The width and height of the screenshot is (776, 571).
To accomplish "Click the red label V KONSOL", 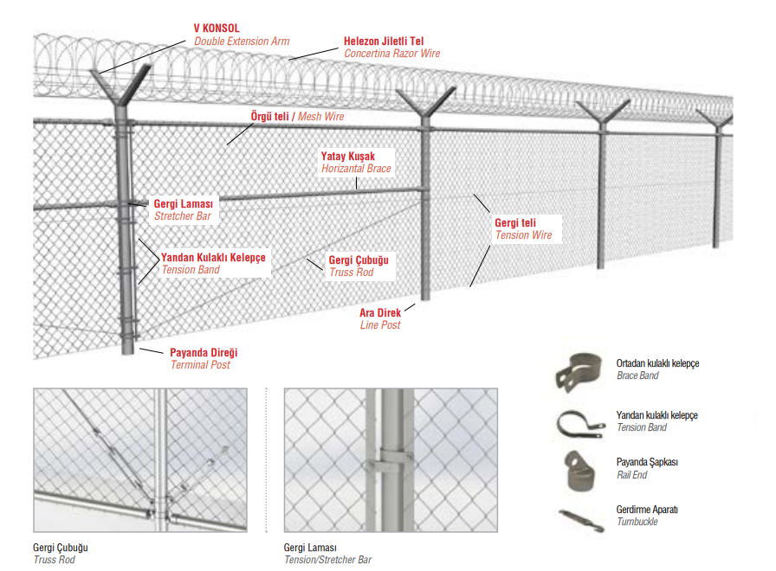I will click(216, 28).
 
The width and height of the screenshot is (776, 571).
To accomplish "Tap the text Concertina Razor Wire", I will click(391, 54).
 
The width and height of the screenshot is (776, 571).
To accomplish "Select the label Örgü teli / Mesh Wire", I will click(297, 114).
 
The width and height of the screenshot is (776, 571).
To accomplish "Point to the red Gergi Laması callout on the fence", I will click(184, 203).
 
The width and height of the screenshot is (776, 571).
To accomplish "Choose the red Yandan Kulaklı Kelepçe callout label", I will click(213, 257).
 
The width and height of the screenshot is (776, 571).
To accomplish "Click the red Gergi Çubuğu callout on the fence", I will click(359, 260).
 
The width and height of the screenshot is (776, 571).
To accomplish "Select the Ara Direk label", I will click(379, 312).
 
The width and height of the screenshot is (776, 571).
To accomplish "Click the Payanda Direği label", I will click(204, 353).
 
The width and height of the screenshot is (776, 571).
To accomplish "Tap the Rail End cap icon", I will click(579, 468).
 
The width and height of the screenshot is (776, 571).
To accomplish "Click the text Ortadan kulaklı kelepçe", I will click(657, 363).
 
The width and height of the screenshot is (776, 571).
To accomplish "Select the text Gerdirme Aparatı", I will click(647, 510).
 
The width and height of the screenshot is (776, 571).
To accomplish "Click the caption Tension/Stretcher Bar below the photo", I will click(327, 560).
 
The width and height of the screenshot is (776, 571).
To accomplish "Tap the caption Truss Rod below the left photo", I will click(54, 560).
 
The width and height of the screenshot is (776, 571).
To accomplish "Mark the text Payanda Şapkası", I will click(647, 462).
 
